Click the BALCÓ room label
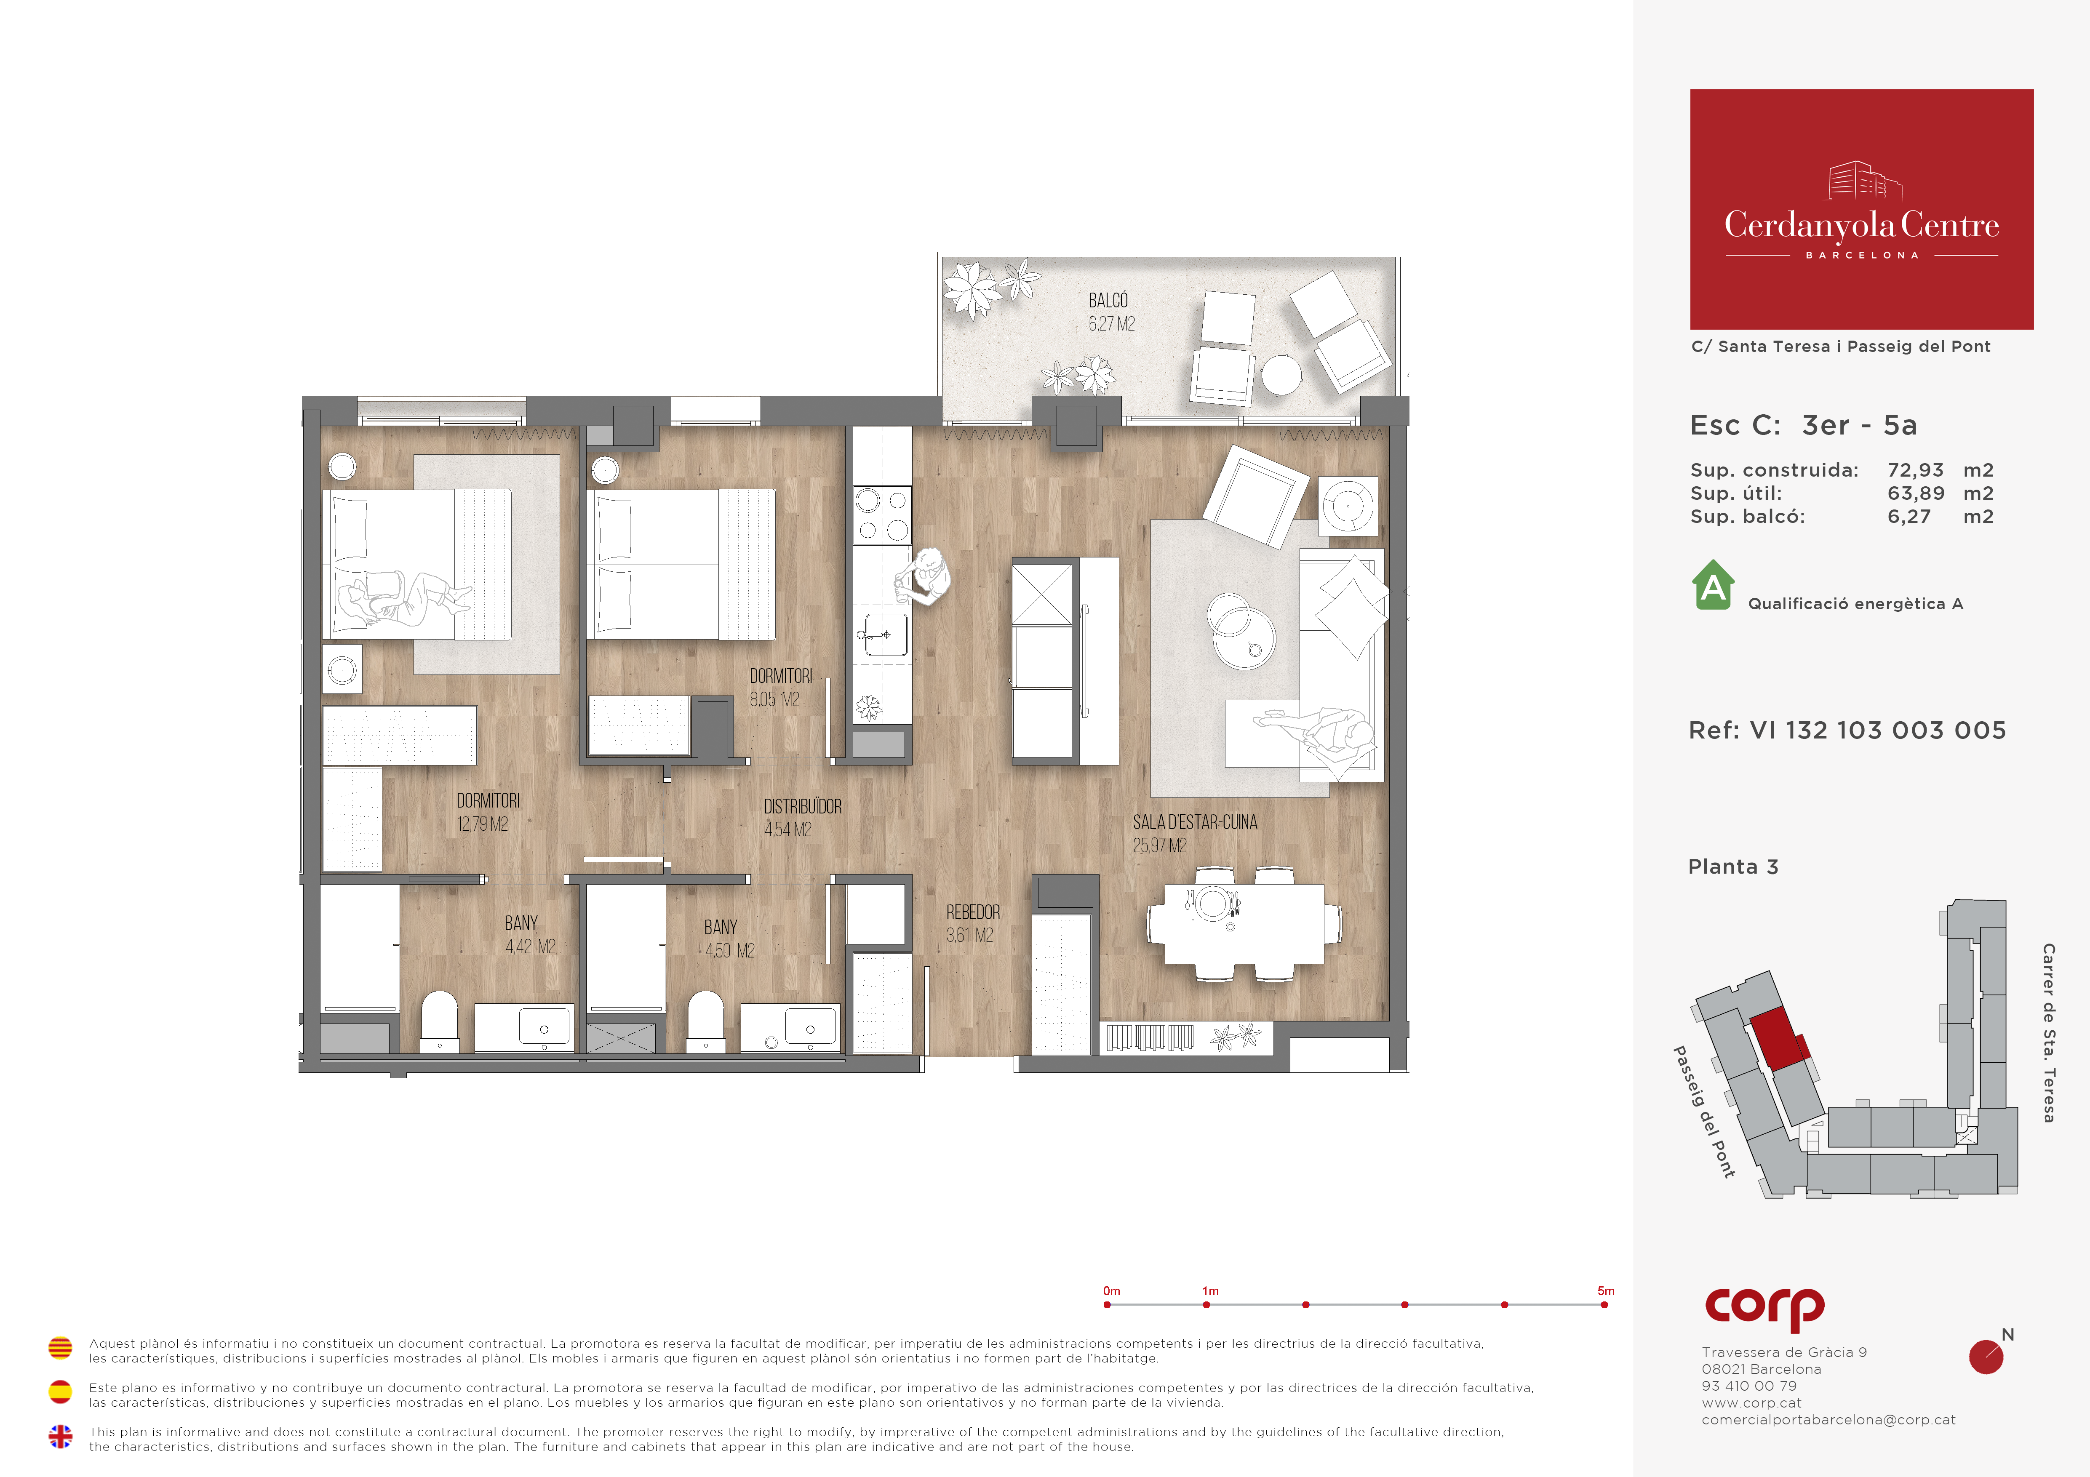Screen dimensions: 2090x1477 tap(1108, 300)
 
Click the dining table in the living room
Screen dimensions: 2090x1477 tap(1244, 924)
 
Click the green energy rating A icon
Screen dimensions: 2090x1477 tap(1713, 585)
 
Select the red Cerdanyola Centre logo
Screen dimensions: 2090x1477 tap(1861, 209)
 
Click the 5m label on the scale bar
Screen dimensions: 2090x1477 tap(1606, 1290)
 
